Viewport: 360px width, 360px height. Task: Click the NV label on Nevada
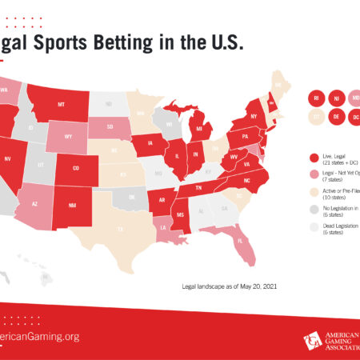(x=7, y=159)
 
